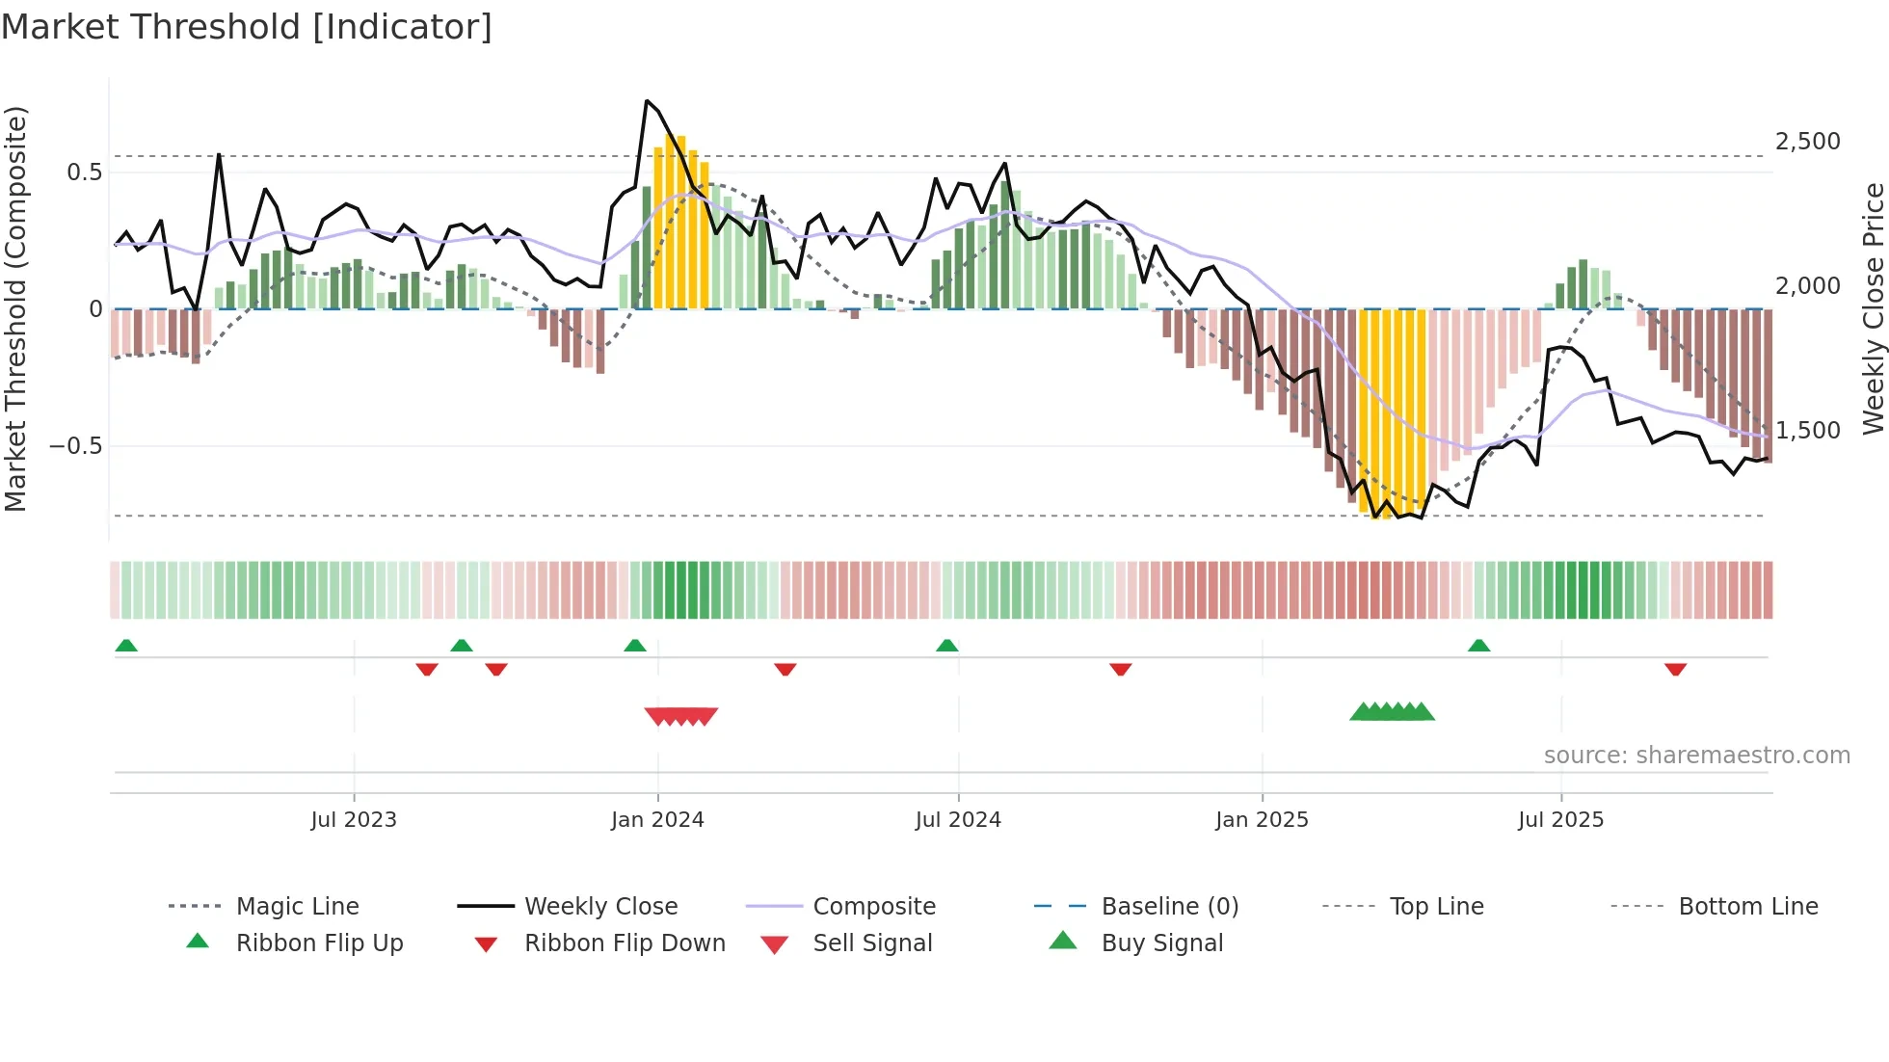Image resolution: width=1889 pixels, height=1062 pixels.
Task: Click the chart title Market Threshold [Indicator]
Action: coord(247,27)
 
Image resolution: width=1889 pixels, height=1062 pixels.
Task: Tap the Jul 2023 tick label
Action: coord(354,820)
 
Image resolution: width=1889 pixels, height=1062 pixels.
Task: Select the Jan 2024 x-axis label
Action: coord(657,820)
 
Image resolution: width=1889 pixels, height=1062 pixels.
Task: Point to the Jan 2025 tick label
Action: coord(1262,820)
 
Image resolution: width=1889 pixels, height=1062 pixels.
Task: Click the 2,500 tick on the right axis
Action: coord(1808,142)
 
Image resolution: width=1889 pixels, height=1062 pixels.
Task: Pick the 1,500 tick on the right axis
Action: coord(1808,431)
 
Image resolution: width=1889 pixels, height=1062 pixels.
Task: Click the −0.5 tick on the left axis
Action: coord(75,446)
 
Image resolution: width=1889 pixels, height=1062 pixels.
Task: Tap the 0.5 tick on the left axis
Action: coord(84,173)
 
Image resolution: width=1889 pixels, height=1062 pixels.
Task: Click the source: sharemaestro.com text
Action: coord(1696,756)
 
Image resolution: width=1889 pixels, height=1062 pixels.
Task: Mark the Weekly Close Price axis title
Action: coord(1873,308)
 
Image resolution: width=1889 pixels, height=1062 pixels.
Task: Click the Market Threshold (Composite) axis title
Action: coord(15,308)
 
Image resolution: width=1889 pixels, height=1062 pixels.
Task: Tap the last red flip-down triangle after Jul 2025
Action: coord(1675,669)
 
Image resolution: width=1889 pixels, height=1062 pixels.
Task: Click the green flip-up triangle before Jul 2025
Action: coord(1478,646)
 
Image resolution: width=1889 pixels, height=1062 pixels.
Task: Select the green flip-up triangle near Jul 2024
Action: coord(946,646)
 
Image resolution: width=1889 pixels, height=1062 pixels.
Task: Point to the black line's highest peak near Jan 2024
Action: coord(647,100)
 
